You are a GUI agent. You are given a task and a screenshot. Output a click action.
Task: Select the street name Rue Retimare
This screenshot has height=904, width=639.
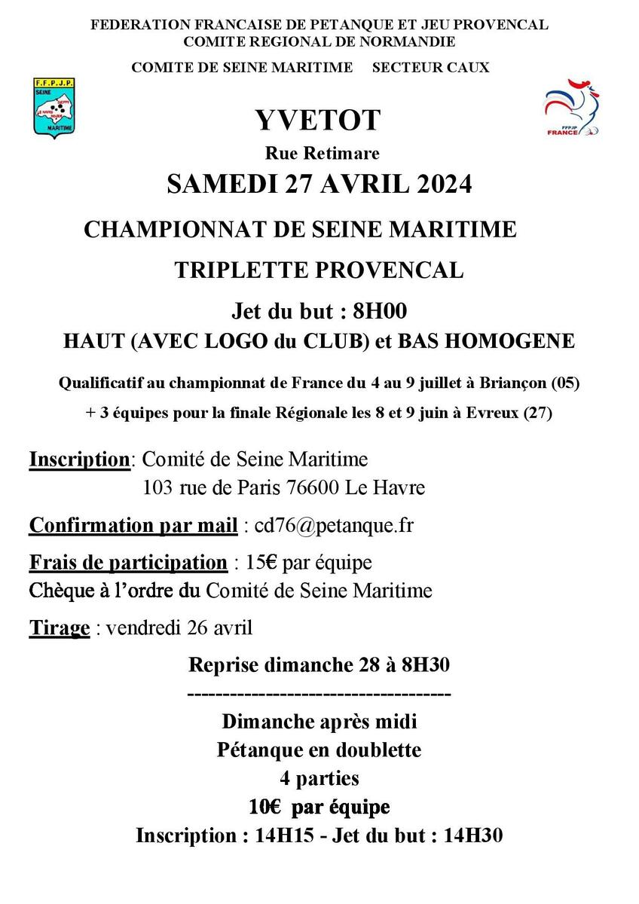click(x=322, y=154)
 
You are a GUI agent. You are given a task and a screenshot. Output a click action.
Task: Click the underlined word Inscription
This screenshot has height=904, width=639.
click(x=79, y=459)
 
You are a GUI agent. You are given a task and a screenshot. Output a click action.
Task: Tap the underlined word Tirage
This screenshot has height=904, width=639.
click(x=60, y=628)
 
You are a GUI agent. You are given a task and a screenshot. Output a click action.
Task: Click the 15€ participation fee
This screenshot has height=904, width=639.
click(x=256, y=563)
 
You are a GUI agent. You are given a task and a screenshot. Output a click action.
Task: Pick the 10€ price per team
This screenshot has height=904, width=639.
click(x=264, y=807)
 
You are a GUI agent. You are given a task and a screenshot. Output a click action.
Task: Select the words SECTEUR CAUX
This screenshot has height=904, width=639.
click(x=430, y=67)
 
